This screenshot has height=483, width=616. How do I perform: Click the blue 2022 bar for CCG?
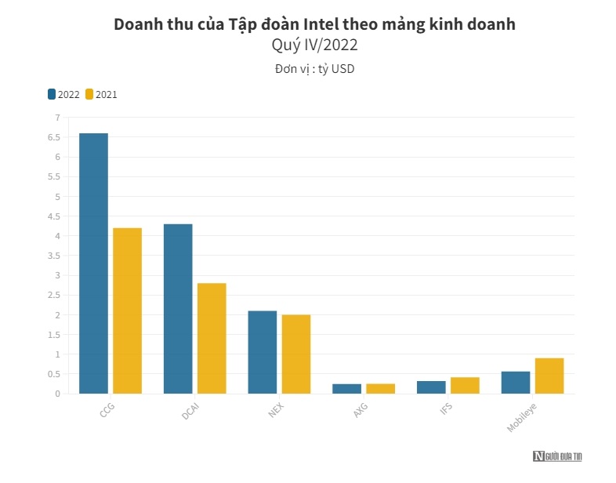pos(93,263)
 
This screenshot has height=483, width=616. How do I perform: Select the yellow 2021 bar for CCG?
pos(127,310)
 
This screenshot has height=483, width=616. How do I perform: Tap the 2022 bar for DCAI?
pos(178,309)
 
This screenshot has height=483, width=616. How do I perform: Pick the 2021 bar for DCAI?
pos(212,338)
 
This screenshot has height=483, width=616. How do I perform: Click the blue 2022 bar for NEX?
pos(263,352)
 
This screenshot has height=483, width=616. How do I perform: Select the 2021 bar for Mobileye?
pos(549,376)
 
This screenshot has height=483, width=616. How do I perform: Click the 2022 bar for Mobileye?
pos(516,383)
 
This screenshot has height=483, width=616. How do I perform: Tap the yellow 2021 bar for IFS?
pos(465,386)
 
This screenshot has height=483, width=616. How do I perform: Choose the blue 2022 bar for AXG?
pos(347,389)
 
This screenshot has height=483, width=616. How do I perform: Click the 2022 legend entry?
pos(63,94)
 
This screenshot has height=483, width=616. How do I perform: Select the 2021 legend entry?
pos(101,94)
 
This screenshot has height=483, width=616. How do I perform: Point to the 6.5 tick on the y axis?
pos(53,137)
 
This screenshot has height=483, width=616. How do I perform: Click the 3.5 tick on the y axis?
pos(53,256)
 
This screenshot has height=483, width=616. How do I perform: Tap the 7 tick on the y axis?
pos(56,118)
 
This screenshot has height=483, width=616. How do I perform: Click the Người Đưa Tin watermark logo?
pos(557,456)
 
